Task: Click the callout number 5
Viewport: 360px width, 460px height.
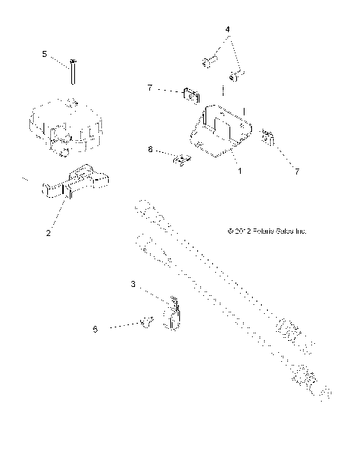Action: pyautogui.click(x=44, y=54)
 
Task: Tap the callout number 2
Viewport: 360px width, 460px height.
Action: pyautogui.click(x=48, y=233)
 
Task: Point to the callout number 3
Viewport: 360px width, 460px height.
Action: pyautogui.click(x=133, y=285)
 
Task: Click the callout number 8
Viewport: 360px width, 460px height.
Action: pyautogui.click(x=150, y=150)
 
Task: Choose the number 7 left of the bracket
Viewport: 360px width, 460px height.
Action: pyautogui.click(x=150, y=88)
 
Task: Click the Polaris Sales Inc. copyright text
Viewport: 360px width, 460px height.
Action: pyautogui.click(x=266, y=231)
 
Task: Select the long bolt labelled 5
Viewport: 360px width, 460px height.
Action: pyautogui.click(x=73, y=73)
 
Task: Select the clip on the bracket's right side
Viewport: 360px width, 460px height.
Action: pyautogui.click(x=267, y=137)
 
